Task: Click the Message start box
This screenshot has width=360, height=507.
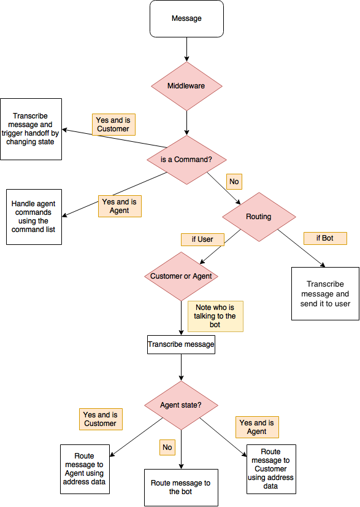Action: (x=186, y=18)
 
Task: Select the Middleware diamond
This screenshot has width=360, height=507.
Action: (x=186, y=86)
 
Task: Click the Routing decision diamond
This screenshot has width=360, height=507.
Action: (x=258, y=217)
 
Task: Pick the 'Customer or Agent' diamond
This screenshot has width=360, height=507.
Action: (x=181, y=276)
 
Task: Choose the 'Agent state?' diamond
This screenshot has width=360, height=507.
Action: (x=180, y=405)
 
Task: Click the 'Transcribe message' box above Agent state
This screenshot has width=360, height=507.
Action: (x=181, y=344)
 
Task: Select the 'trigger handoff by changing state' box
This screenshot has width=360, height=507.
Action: (x=31, y=129)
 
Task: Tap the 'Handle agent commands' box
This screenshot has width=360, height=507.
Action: (x=34, y=217)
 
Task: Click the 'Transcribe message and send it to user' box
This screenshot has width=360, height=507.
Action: (x=325, y=293)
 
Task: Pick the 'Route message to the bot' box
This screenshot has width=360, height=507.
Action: (x=180, y=487)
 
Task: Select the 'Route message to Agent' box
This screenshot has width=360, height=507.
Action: (x=84, y=469)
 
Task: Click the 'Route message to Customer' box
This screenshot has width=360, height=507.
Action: (x=270, y=469)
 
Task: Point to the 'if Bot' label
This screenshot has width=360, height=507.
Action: (x=325, y=238)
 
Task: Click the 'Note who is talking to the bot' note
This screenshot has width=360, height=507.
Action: (x=215, y=316)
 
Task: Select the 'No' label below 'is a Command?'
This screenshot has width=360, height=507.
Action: (x=234, y=182)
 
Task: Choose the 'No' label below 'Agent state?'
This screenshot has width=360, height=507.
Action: (x=167, y=447)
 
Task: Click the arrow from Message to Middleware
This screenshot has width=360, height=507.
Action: (x=186, y=48)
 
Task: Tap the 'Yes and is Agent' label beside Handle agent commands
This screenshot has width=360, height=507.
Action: (x=120, y=206)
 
